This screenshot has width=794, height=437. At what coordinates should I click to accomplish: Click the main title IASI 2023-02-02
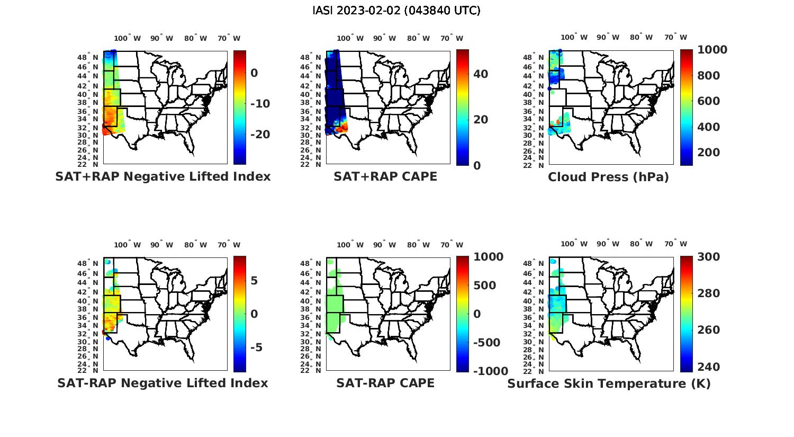[x=396, y=11]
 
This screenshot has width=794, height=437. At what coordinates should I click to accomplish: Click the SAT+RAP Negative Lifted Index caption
[x=163, y=176]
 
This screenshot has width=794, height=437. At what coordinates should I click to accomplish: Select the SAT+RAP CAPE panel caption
[x=385, y=176]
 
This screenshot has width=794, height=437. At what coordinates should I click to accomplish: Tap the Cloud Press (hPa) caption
[x=608, y=177]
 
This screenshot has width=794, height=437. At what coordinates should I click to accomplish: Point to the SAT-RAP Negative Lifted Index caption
[x=163, y=383]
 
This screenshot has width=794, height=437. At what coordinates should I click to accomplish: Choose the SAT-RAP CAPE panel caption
[x=385, y=383]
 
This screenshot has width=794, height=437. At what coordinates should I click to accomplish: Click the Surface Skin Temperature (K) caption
[x=609, y=384]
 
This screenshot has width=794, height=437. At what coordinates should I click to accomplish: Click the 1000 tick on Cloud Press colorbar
[x=712, y=50]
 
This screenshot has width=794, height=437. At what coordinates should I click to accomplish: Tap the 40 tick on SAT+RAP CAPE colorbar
[x=481, y=74]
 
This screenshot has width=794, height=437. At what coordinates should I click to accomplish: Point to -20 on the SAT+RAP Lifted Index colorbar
[x=260, y=135]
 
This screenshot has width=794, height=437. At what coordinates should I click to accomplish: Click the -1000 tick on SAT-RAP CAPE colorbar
[x=490, y=371]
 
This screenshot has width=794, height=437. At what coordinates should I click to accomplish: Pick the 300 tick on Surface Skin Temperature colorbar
[x=708, y=257]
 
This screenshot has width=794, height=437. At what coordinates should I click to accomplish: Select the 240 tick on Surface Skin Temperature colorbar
[x=708, y=367]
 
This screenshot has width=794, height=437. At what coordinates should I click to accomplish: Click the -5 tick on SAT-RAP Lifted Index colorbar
[x=256, y=347]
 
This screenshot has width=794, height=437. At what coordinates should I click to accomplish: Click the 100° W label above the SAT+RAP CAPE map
[x=350, y=38]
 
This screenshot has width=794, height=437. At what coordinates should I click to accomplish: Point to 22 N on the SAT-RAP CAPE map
[x=310, y=370]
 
